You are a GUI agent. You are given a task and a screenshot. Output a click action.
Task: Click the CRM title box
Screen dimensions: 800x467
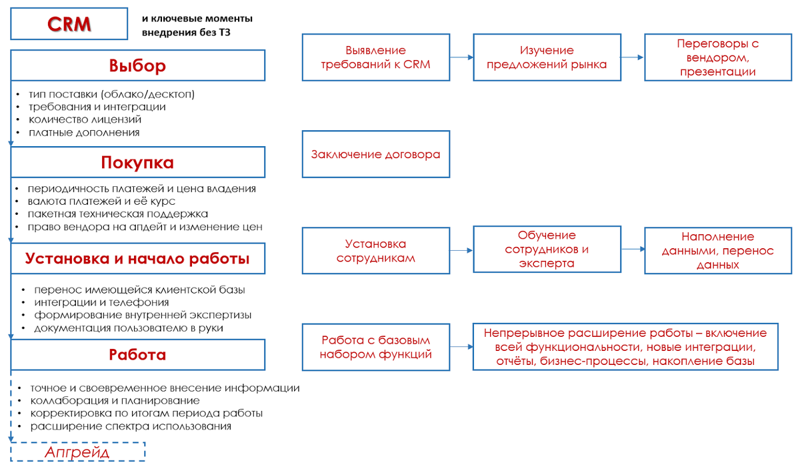69,24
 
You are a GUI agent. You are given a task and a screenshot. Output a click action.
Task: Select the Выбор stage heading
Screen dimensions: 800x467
137,66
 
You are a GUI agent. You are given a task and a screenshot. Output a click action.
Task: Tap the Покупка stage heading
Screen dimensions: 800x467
137,162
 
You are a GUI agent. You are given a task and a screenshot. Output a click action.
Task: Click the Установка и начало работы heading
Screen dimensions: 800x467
137,259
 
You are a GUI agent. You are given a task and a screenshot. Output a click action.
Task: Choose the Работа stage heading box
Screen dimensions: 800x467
137,354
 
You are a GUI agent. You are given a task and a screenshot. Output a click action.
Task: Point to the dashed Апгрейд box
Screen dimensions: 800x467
77,452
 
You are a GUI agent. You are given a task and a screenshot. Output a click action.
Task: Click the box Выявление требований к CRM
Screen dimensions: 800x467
375,57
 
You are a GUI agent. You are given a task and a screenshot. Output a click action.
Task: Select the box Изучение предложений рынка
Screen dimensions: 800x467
547,57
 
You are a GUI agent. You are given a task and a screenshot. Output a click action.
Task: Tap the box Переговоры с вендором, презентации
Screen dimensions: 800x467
718,57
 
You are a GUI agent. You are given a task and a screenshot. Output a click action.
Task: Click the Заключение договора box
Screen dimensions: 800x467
375,154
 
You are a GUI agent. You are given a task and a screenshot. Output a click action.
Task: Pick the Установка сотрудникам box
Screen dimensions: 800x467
375,251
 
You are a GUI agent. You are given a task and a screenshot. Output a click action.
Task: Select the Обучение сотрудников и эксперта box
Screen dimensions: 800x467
547,250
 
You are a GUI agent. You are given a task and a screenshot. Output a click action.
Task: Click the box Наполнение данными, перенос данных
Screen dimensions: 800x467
718,250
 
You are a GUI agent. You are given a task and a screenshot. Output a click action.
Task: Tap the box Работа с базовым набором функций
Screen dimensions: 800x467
375,347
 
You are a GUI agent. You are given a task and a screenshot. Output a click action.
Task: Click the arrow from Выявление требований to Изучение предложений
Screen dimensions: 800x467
461,57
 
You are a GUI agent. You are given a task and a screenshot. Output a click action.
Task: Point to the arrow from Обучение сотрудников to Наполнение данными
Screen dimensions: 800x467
632,250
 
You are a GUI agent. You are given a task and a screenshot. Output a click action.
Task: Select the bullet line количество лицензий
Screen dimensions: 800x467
85,119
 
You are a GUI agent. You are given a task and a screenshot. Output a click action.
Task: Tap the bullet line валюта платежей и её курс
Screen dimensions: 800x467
101,201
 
